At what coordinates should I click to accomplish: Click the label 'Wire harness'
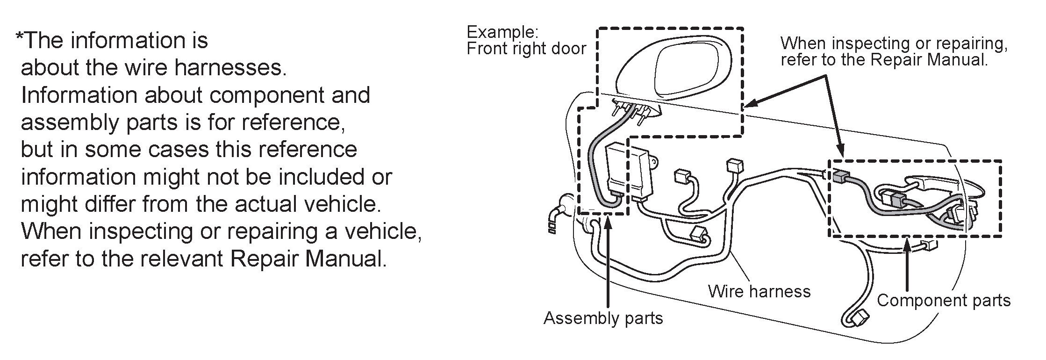tap(759, 291)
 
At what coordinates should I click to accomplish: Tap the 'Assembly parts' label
tap(603, 318)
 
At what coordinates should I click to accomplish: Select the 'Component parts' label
tap(944, 301)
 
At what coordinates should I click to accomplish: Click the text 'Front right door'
tap(526, 49)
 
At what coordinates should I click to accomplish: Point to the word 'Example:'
tap(503, 32)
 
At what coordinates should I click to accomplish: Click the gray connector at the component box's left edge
tap(840, 177)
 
